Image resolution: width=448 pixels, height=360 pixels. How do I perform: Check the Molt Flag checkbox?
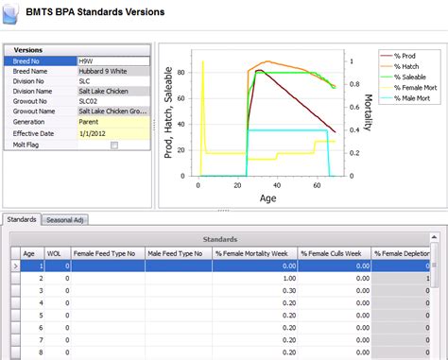[x=114, y=146]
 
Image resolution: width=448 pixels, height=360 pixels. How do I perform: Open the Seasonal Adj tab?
[x=67, y=220]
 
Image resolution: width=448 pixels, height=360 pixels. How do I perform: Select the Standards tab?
[x=22, y=220]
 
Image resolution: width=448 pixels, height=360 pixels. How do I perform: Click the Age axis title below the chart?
[x=267, y=199]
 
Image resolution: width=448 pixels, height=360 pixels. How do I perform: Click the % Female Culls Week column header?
[x=333, y=253]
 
